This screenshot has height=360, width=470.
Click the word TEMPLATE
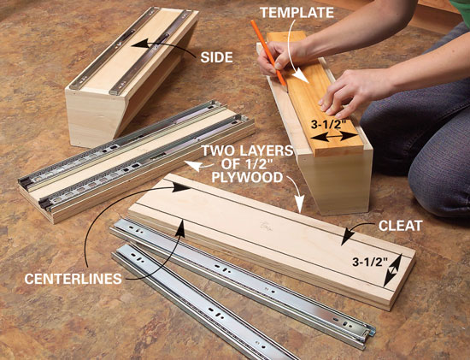(297, 13)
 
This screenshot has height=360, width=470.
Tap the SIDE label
(217, 57)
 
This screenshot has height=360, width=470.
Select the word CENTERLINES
(73, 279)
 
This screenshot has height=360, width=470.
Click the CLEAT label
(400, 226)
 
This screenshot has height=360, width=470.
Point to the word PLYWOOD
(247, 177)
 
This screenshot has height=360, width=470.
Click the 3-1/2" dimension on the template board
(328, 124)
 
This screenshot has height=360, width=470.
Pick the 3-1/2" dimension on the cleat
(370, 262)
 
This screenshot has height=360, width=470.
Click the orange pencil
(268, 52)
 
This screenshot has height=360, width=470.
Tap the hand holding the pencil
(276, 58)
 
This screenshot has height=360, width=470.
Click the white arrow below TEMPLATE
(297, 51)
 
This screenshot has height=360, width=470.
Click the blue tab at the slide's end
(373, 331)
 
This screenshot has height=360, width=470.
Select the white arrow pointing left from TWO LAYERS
(199, 166)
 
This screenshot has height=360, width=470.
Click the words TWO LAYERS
(247, 150)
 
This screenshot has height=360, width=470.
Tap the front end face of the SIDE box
(93, 119)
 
